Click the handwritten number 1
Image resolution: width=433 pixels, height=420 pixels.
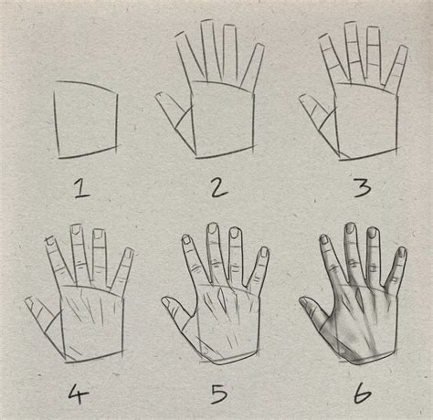(x=81, y=189)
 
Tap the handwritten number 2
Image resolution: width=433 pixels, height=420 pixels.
(x=219, y=187)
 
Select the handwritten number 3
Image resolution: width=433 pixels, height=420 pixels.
(x=363, y=187)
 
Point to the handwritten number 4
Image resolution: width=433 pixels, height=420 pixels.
(x=78, y=394)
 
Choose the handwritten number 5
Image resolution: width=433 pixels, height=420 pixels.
(x=219, y=394)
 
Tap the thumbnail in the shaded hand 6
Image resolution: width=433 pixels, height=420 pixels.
(x=304, y=301)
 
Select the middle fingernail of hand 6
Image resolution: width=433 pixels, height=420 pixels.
(x=351, y=227)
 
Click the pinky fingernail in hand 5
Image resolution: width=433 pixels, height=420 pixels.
(x=264, y=252)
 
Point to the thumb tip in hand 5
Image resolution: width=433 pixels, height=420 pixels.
(x=165, y=301)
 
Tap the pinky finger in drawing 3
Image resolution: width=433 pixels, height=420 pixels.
(x=396, y=69)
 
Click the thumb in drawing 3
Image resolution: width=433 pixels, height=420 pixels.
(x=317, y=112)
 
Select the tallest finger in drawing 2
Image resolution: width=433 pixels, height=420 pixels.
(x=209, y=51)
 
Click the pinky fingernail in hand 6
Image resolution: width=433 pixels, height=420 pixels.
(x=402, y=252)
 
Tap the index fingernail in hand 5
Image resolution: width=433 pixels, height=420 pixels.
(x=185, y=239)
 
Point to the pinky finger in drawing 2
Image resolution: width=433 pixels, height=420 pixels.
(x=252, y=68)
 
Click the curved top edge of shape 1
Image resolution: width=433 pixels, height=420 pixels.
(x=87, y=85)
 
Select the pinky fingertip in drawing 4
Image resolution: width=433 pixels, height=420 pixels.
(x=129, y=253)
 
